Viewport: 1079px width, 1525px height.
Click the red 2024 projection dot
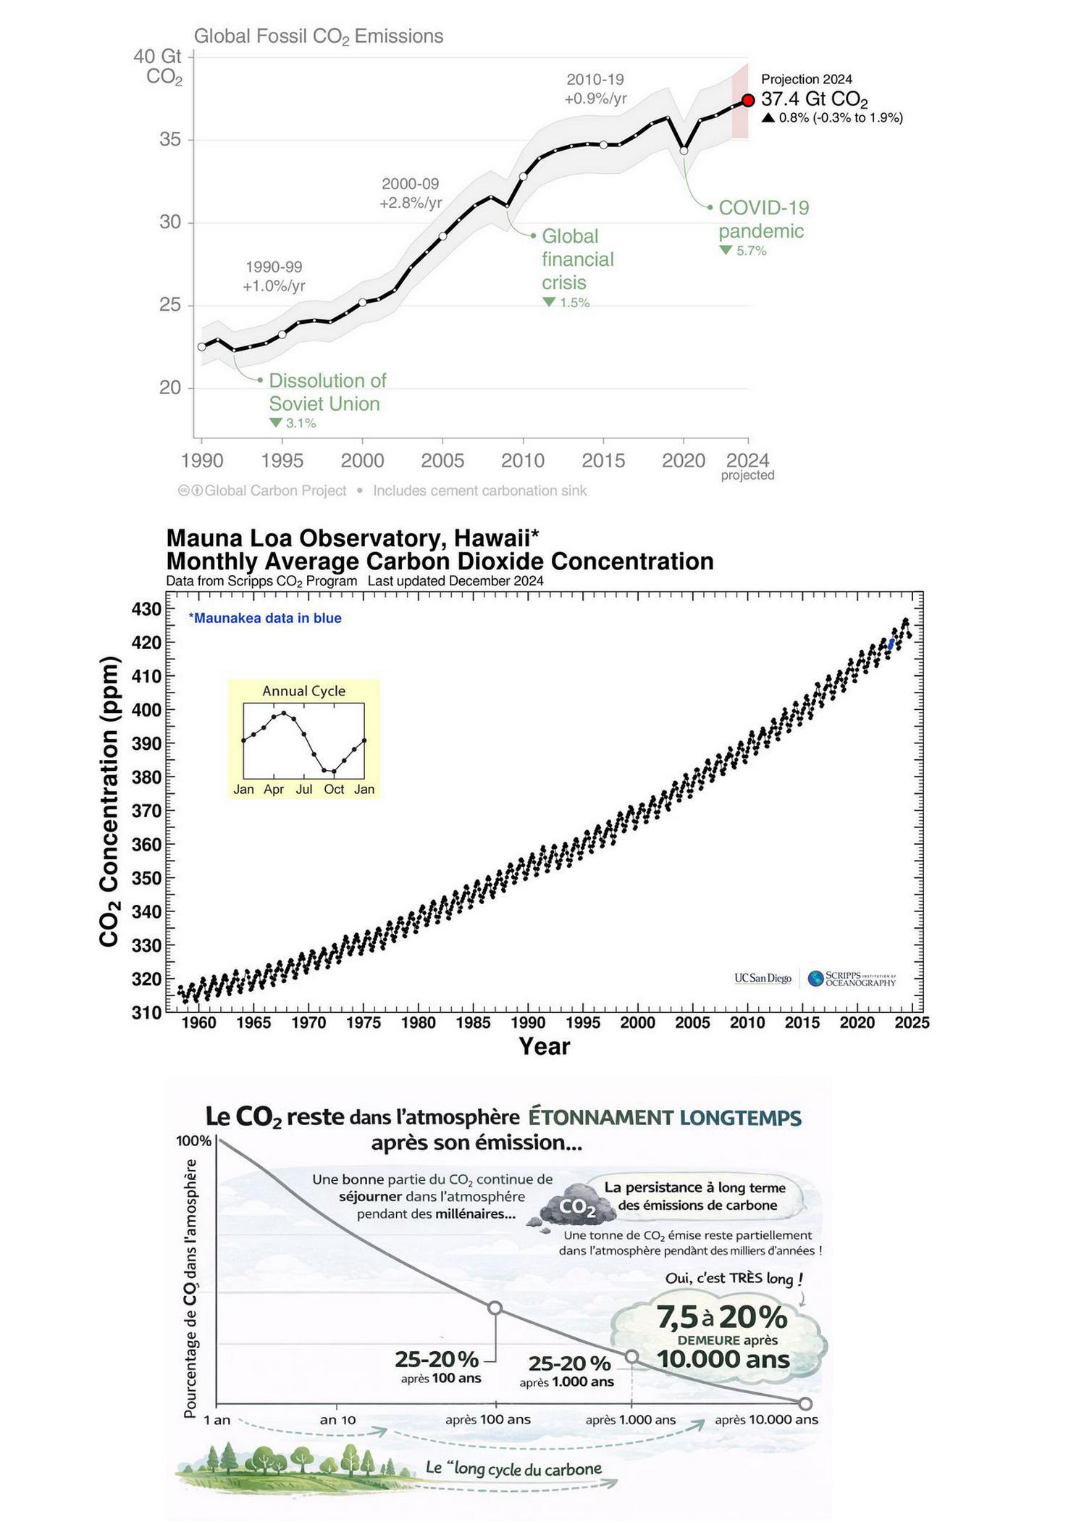tap(748, 100)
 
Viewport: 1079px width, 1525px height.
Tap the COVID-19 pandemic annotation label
tap(763, 220)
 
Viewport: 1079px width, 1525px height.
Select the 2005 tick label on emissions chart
tap(442, 460)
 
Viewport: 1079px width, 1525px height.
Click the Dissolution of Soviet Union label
tap(327, 392)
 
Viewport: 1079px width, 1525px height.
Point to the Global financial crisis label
tap(577, 259)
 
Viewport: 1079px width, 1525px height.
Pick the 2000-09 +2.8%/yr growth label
tap(411, 193)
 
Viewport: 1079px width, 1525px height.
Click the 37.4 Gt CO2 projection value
tap(814, 100)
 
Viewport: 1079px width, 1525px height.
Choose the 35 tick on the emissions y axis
tap(170, 139)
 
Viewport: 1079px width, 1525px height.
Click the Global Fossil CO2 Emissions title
tap(319, 36)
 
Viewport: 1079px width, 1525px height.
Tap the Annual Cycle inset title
tap(303, 691)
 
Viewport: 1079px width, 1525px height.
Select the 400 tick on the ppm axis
tap(146, 710)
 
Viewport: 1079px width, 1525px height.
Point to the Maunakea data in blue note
tap(265, 618)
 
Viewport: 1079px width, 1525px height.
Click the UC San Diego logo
tap(763, 978)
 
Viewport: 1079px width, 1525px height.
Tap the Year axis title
tap(544, 1046)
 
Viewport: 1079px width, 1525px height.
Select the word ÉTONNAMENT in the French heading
tap(600, 1117)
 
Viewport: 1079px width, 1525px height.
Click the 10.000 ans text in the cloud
tap(723, 1359)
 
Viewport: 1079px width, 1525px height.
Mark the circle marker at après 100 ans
tap(495, 1308)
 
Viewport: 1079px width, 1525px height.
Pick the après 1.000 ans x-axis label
tap(630, 1420)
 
